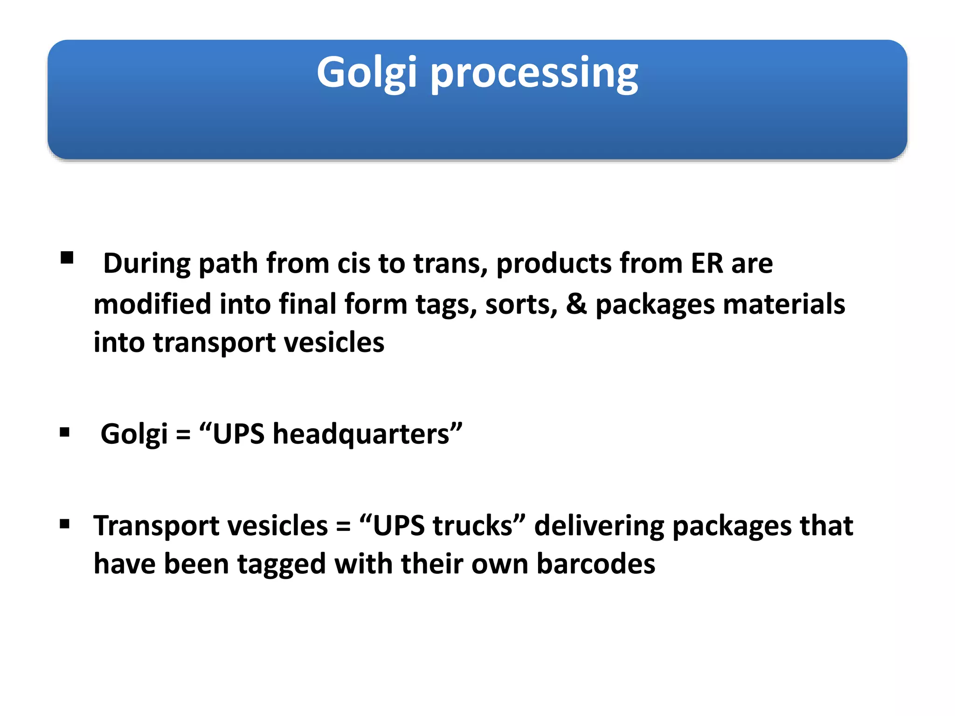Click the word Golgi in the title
367,73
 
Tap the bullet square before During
67,258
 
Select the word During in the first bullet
146,263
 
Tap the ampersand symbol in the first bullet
576,304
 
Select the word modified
152,304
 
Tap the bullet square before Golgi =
65,433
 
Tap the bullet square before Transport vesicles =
65,524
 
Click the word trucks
472,526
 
